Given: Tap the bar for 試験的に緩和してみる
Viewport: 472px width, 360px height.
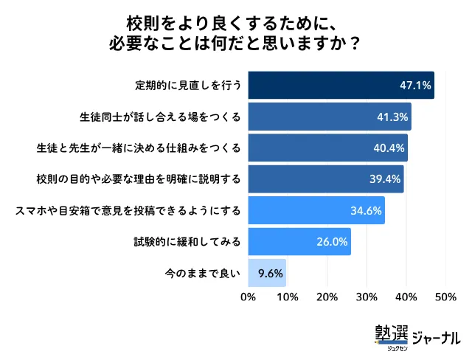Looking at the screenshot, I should click(299, 242).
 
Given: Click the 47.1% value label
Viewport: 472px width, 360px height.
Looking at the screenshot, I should click(414, 86).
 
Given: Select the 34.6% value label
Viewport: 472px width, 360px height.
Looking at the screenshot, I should click(366, 211).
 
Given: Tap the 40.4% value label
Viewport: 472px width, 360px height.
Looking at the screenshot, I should click(389, 148).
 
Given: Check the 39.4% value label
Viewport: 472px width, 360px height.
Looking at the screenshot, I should click(385, 179).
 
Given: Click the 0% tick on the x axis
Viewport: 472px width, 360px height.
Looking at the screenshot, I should click(249, 297).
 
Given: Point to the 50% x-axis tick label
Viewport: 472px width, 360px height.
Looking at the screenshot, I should click(445, 297).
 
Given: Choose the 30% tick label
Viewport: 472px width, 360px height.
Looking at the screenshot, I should click(367, 297).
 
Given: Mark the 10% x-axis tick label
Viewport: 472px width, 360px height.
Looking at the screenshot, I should click(288, 297).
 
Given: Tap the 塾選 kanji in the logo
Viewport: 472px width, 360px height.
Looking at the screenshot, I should click(391, 333).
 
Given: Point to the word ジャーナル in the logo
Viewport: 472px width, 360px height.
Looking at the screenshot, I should click(436, 336).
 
